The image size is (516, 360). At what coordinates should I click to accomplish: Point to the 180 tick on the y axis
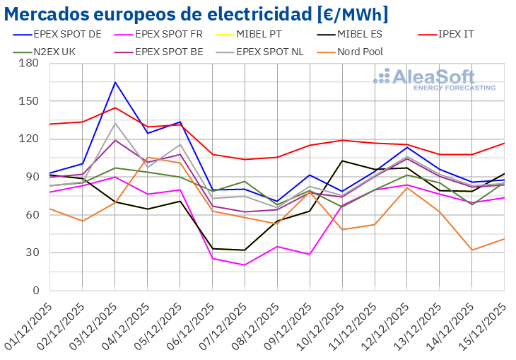(29, 63)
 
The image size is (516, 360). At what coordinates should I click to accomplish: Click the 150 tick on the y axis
(29, 101)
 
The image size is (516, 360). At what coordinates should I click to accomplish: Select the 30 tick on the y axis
(32, 252)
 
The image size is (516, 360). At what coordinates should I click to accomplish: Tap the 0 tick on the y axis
(35, 291)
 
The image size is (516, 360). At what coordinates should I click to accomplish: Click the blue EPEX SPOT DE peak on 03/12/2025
(115, 82)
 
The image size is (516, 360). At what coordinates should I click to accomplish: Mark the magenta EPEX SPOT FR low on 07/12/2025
(245, 265)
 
